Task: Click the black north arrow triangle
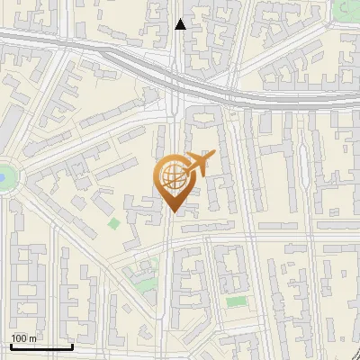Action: coord(181,24)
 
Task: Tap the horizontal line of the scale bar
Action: coord(41,346)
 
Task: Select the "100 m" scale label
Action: coord(23,337)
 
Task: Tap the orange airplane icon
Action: coord(195,165)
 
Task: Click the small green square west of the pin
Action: coord(114,223)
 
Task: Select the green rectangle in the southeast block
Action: coord(236,301)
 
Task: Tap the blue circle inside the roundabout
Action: coord(3,176)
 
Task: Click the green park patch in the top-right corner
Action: coord(348,8)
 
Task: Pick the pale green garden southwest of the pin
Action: coord(144,268)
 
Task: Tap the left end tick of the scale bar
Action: coord(11,345)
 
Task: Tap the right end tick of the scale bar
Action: coord(72,345)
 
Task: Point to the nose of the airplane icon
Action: coord(212,157)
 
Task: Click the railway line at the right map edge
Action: coord(356,97)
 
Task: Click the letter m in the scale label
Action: coord(32,337)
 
